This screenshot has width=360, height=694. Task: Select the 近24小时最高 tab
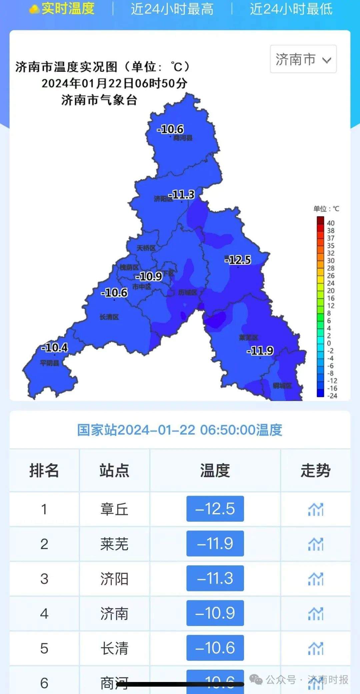pos(172,9)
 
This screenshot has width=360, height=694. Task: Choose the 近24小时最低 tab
pos(291,9)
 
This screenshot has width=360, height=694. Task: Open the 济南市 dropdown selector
pos(303,59)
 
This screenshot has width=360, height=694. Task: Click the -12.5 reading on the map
pos(238,260)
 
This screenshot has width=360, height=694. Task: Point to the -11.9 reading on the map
pos(260,351)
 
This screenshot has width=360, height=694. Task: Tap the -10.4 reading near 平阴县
pos(55,348)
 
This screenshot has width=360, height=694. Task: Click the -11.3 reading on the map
pos(182,194)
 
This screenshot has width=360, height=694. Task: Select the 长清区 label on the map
pos(109,317)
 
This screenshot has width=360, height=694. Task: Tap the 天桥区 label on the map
pos(146,248)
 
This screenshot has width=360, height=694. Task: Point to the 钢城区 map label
pos(282,386)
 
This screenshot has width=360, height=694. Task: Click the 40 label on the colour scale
pos(330,223)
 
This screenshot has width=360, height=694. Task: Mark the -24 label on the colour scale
pos(332,396)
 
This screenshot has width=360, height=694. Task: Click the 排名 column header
pos(44,471)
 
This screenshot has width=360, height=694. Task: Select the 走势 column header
pos(315,471)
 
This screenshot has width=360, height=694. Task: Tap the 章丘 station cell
pos(114,509)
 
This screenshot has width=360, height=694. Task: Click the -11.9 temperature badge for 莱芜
pos(215,544)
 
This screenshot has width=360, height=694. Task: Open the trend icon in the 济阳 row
pos(315,579)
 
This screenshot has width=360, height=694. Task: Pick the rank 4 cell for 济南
pos(44,614)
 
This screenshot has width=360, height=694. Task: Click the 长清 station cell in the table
pos(114,648)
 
